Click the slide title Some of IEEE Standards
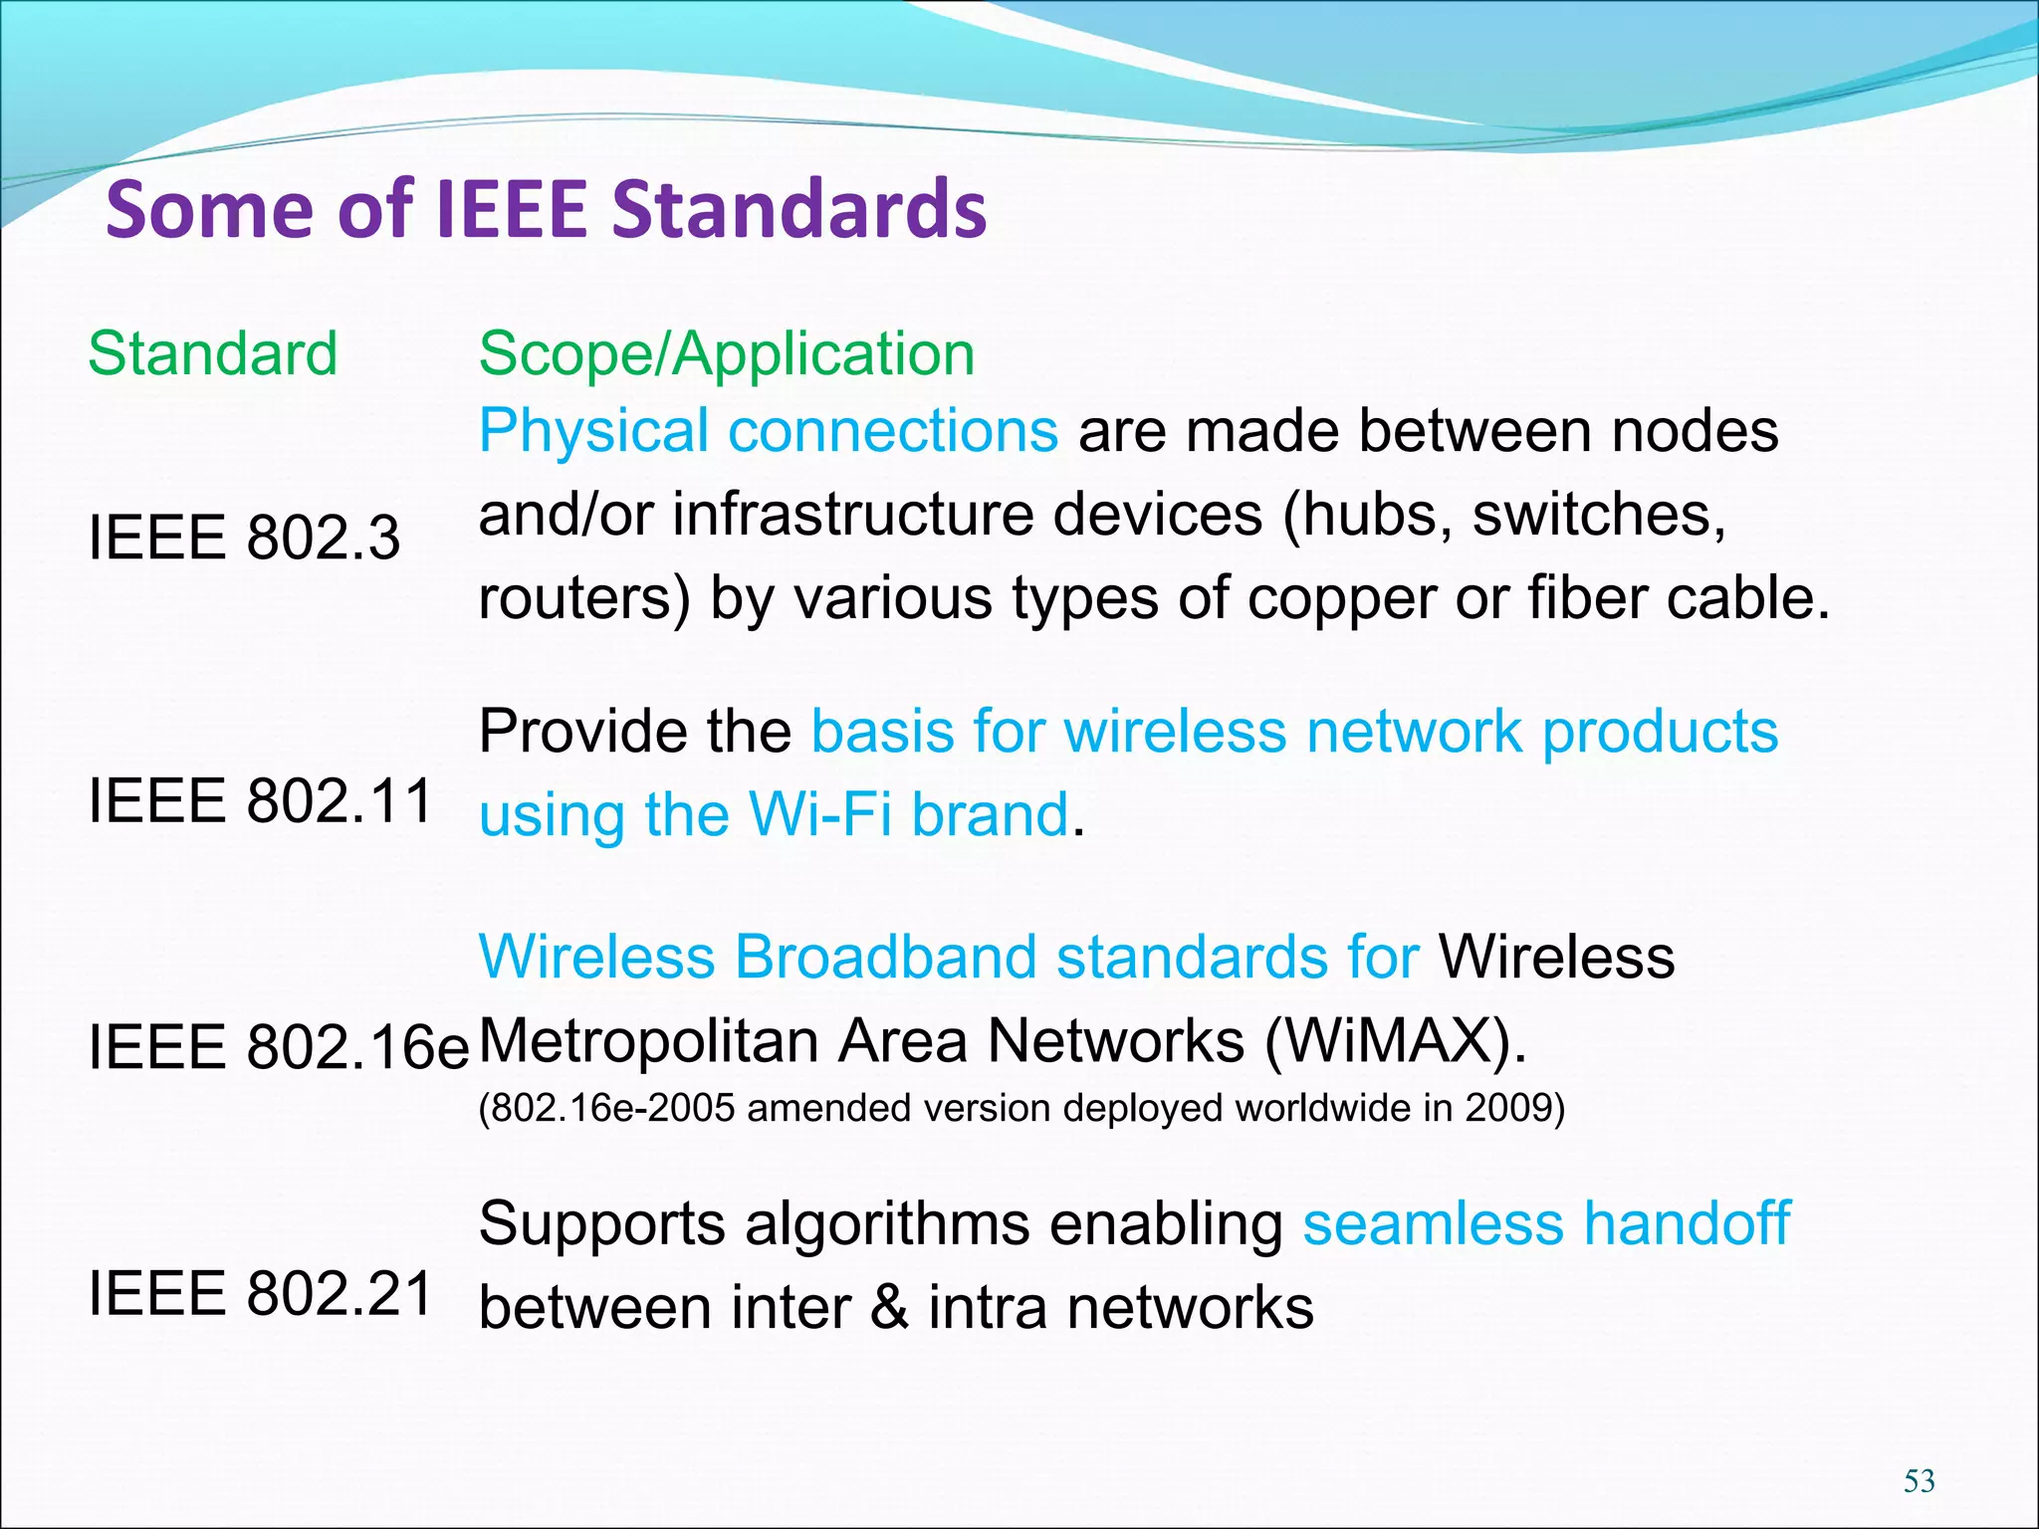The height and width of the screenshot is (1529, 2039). pyautogui.click(x=546, y=209)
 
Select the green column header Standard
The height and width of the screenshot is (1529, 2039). pyautogui.click(x=213, y=353)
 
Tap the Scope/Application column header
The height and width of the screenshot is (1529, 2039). pyautogui.click(x=727, y=353)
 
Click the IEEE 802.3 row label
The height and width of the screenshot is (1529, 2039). pyautogui.click(x=244, y=538)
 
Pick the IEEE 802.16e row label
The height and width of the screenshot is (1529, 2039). pyautogui.click(x=278, y=1047)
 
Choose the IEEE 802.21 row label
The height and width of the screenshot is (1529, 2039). pyautogui.click(x=260, y=1294)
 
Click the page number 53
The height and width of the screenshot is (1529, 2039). pyautogui.click(x=1919, y=1481)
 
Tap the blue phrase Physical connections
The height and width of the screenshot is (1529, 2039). pyautogui.click(x=768, y=431)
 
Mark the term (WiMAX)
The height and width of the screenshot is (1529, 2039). pyautogui.click(x=1395, y=1041)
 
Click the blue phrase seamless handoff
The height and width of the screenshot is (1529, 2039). pyautogui.click(x=1546, y=1223)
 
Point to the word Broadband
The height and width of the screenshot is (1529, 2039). pyautogui.click(x=884, y=957)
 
